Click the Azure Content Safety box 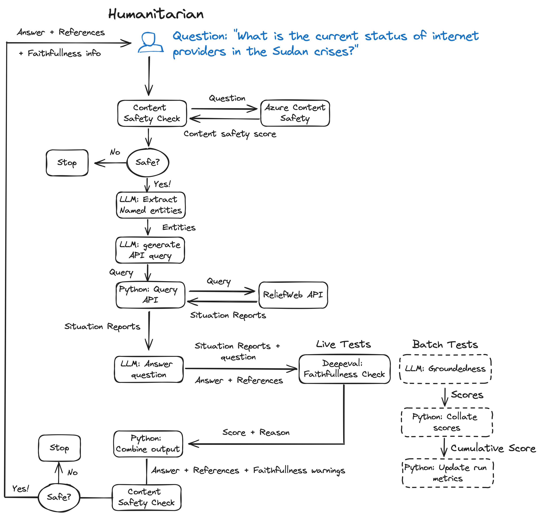295,113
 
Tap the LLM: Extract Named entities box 151,205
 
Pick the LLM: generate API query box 150,250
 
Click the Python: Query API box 150,295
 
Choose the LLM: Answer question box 149,369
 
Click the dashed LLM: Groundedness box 445,369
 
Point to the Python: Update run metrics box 448,473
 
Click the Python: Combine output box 148,444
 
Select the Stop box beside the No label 67,163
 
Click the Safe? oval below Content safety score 148,162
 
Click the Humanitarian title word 156,14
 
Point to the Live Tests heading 343,344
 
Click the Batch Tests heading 445,344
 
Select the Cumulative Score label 493,448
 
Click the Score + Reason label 256,433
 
